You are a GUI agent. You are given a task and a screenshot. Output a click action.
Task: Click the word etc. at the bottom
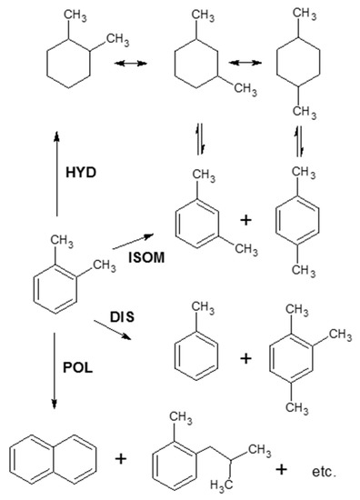point(323,472)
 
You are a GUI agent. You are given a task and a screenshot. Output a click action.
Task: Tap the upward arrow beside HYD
point(56,173)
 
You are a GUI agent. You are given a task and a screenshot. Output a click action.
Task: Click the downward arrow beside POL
point(55,373)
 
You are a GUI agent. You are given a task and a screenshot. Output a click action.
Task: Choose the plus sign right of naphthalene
point(121,459)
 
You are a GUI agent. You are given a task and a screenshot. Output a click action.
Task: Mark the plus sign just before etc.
point(282,469)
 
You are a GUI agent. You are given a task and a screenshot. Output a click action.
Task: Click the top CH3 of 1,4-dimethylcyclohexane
point(305,15)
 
